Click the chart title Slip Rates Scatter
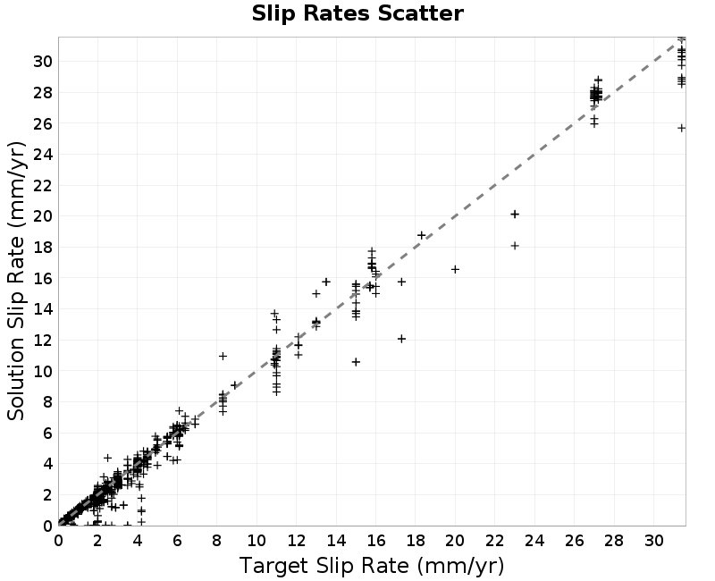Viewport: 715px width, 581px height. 357,13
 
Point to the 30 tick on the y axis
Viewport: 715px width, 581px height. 43,61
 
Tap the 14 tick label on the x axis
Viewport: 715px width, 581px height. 336,541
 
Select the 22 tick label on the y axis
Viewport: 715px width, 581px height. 43,185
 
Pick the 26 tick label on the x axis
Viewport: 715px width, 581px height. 574,541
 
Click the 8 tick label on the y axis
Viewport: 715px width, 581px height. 48,401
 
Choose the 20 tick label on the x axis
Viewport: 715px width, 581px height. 455,541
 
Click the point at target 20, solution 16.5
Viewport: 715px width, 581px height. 455,270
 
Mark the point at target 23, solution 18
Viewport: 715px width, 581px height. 515,245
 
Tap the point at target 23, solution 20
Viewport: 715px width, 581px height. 515,214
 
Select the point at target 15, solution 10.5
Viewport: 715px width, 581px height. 356,362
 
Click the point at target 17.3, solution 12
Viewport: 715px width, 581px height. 401,339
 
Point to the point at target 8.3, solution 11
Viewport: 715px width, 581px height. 223,356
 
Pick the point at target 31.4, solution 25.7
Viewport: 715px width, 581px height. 681,128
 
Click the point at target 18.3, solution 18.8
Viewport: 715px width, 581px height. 421,235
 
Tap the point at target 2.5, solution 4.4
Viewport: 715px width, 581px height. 107,458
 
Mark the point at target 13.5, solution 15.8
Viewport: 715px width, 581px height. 326,282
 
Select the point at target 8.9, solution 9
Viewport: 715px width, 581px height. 235,385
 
